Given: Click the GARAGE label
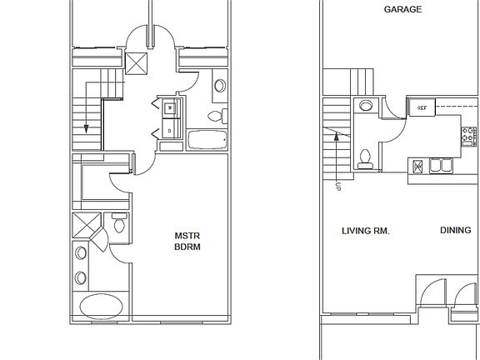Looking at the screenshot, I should point(402,10).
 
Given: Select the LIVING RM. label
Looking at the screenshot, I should point(366,230).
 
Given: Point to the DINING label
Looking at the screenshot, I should point(455,230).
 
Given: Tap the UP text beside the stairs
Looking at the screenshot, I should point(337,187).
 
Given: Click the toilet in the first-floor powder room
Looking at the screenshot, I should point(364,157).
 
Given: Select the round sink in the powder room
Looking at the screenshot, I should point(364,106).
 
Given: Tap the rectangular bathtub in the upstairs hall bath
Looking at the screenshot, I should point(207,140).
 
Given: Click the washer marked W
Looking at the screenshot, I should point(169,108).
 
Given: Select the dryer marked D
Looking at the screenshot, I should point(169,130).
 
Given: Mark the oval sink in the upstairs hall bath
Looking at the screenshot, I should point(220,85).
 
